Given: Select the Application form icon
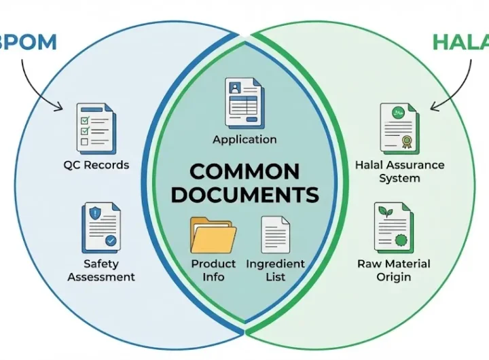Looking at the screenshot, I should coord(244,102).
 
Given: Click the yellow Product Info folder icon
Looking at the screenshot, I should coord(213,234).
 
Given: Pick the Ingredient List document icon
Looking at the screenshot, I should coord(275,234).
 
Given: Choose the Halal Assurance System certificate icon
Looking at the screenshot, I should coord(399,128).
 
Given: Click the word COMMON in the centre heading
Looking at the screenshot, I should coord(244,170).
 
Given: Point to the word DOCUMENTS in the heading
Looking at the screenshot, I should coord(244,195).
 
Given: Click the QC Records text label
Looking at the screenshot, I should coord(96,165).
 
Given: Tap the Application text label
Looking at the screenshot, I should coord(244,139).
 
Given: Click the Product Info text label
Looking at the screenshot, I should coord(213,270).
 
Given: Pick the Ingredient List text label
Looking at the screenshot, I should coord(275,270).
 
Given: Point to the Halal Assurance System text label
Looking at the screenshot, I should coord(400,171).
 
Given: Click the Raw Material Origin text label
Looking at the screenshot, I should coord(394,270).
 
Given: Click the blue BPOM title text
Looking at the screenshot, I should coord(27,42).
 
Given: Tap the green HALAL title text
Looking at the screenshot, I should coord(462,42).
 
